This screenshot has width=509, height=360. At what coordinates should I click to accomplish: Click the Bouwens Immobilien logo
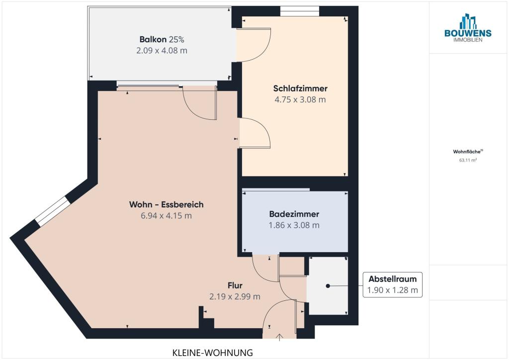468,27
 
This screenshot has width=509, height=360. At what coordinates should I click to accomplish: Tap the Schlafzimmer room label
300,89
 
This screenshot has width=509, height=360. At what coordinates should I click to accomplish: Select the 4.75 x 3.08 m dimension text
300,99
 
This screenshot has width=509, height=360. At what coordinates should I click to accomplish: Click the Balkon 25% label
162,39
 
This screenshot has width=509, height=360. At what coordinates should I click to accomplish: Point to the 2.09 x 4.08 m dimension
162,51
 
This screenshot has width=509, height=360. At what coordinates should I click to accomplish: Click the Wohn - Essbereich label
166,204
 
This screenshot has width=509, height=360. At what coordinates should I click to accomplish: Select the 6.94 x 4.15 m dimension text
166,215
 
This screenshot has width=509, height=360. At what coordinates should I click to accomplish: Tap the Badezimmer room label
294,214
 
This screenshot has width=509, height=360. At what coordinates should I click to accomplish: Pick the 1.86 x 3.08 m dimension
294,225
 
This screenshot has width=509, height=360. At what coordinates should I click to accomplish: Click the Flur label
235,285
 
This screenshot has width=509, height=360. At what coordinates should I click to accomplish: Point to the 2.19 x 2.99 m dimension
235,296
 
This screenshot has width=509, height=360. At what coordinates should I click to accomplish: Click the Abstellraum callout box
393,285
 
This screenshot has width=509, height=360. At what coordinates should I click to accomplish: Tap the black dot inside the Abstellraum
328,286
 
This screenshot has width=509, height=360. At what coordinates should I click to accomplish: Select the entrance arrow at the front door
279,337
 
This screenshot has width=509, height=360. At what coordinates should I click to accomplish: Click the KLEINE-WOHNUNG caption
212,353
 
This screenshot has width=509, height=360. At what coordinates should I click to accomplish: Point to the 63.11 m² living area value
468,160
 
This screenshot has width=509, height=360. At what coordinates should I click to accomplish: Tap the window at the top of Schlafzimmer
300,11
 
